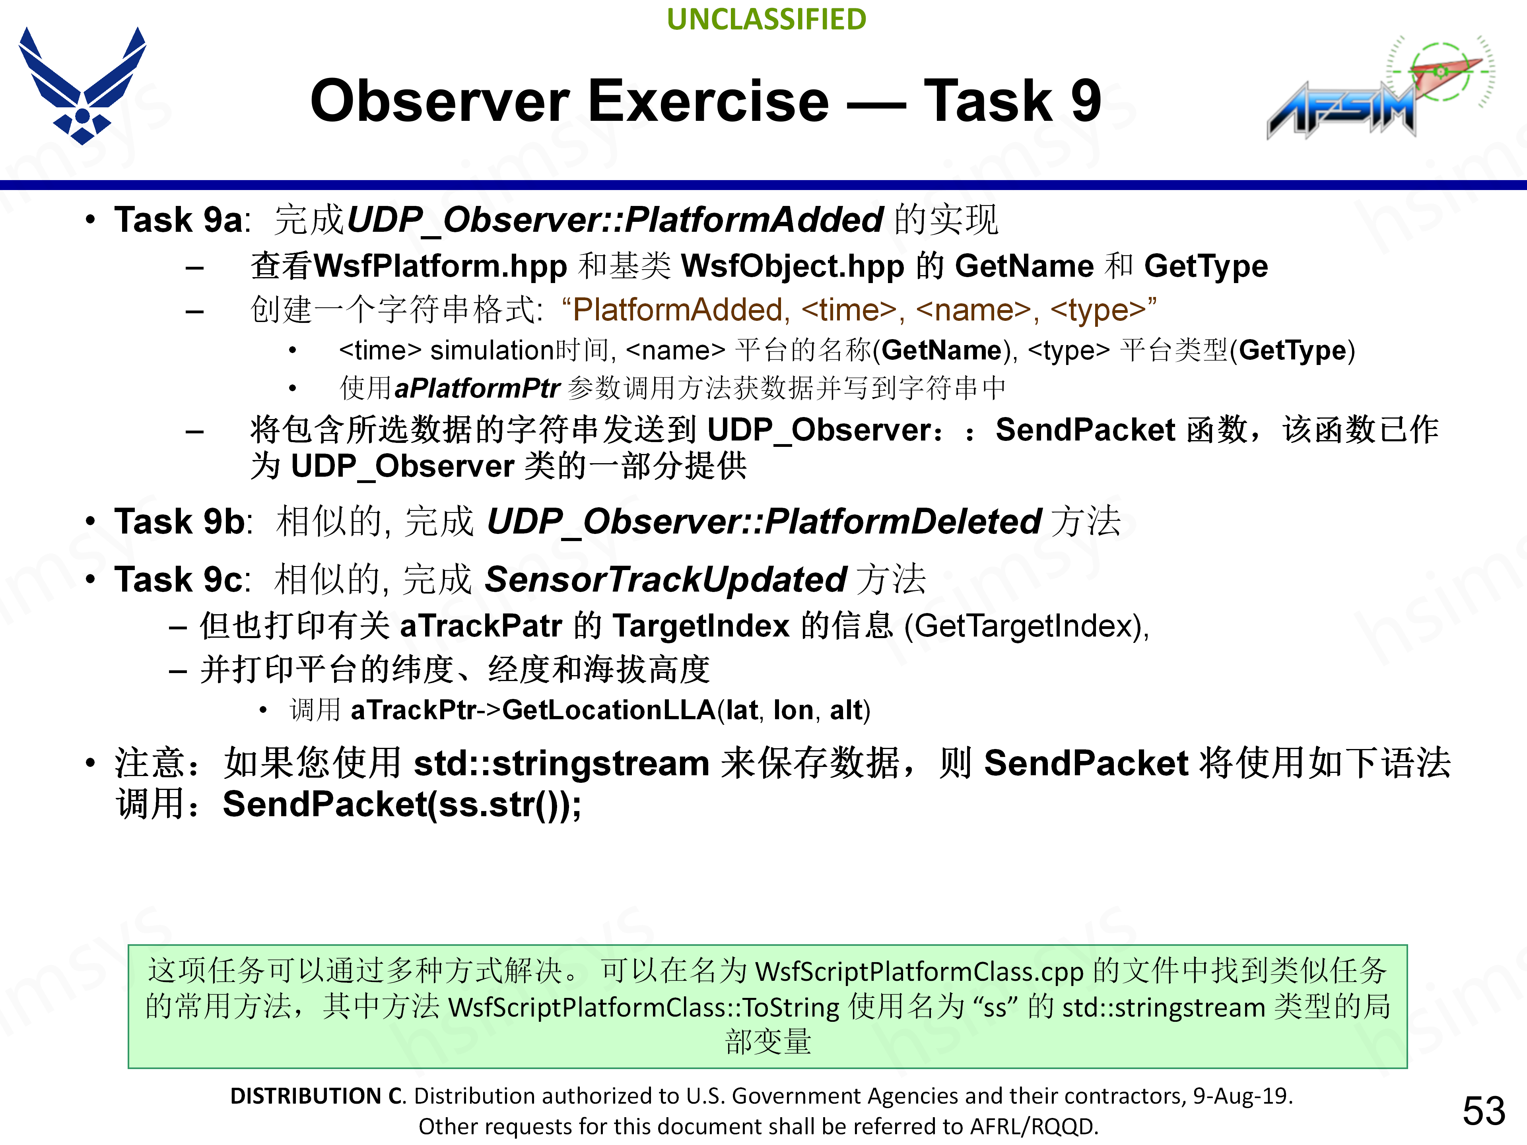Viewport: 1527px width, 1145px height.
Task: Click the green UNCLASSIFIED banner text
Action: (x=766, y=19)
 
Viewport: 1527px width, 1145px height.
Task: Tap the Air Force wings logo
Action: (x=82, y=86)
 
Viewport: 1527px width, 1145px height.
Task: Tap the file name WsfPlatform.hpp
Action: (x=440, y=266)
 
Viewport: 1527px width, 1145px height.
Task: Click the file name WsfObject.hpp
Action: (x=792, y=266)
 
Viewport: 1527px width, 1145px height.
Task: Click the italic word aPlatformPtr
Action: (x=476, y=388)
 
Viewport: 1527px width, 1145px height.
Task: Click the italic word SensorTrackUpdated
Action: (x=665, y=579)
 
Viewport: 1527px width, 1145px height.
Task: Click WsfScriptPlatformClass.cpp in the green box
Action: (x=919, y=972)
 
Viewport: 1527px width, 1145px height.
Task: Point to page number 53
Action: (x=1483, y=1110)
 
